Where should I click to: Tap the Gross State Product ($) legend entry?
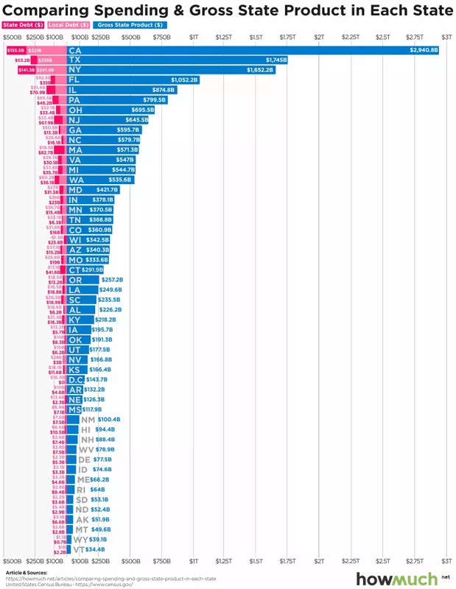pyautogui.click(x=122, y=24)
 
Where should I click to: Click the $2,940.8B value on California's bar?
pyautogui.click(x=424, y=50)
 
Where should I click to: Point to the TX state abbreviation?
pyautogui.click(x=74, y=60)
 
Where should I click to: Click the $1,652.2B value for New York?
pyautogui.click(x=259, y=70)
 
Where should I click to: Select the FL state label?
pyautogui.click(x=74, y=80)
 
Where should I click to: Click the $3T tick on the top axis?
pyautogui.click(x=446, y=36)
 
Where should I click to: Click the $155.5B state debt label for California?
pyautogui.click(x=15, y=50)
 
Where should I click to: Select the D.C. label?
pyautogui.click(x=77, y=379)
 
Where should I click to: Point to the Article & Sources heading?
pyautogui.click(x=27, y=571)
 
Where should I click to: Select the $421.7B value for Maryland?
pyautogui.click(x=107, y=190)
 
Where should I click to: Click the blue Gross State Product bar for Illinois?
pyautogui.click(x=125, y=90)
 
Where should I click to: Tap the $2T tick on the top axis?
pyautogui.click(x=319, y=36)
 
